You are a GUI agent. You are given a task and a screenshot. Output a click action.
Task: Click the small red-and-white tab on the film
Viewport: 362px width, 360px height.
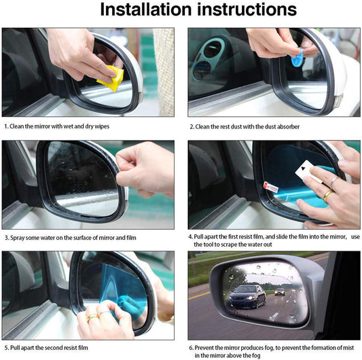[272, 186]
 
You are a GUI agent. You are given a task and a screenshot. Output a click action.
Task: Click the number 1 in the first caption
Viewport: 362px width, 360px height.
[5, 126]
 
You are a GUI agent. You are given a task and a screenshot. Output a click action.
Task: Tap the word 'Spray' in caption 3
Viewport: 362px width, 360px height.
[20, 238]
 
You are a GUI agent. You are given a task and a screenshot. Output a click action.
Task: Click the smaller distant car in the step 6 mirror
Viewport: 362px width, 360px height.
[279, 290]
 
